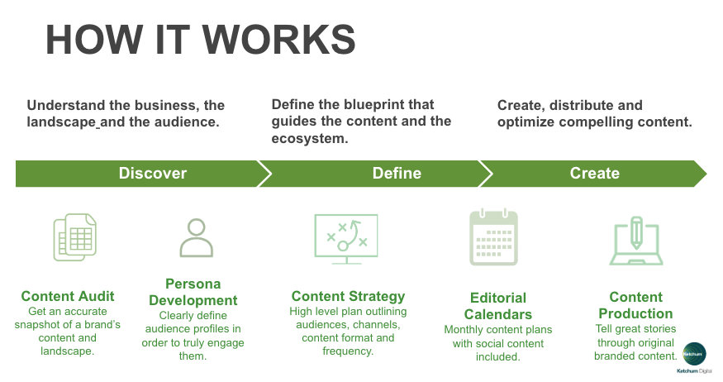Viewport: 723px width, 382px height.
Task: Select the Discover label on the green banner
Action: click(x=153, y=173)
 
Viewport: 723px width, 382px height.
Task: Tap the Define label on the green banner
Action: click(x=397, y=173)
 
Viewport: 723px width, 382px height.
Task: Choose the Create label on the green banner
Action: click(x=594, y=173)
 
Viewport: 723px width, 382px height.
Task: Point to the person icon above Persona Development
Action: click(x=196, y=237)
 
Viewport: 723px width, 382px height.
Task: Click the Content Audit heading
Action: click(x=68, y=296)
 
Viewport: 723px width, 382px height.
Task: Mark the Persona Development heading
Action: click(x=196, y=292)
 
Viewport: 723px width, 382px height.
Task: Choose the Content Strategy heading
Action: click(x=348, y=296)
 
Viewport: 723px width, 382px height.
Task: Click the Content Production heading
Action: click(x=635, y=305)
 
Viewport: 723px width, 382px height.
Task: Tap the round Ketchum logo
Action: click(x=693, y=353)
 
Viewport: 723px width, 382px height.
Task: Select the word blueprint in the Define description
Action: click(x=392, y=105)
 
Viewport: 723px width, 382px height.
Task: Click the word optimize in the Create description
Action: click(x=526, y=122)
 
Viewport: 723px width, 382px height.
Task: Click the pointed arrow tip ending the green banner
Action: click(x=703, y=173)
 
